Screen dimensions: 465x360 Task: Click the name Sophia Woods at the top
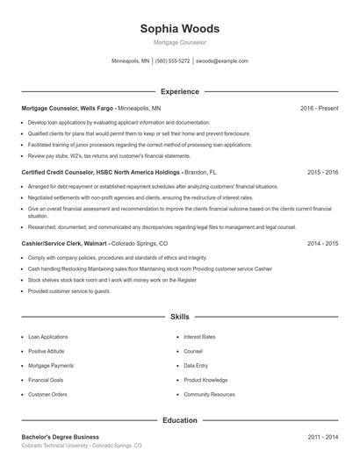[180, 29]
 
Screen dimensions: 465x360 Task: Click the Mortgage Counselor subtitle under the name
[180, 42]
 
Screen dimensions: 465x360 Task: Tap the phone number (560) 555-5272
[172, 61]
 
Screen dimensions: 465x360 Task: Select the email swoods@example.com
[222, 61]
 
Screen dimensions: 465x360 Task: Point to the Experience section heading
[180, 91]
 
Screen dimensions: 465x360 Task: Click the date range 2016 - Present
[319, 108]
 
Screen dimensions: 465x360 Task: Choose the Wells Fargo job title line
[91, 108]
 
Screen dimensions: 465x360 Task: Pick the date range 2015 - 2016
[322, 173]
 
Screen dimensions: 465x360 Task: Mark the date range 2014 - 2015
[322, 243]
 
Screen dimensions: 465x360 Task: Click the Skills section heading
[180, 316]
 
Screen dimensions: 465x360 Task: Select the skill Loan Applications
[47, 337]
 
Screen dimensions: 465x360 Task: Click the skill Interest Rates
[199, 337]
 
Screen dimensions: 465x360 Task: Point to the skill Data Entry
[196, 366]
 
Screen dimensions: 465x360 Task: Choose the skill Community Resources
[209, 395]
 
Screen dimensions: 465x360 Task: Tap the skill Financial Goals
[46, 380]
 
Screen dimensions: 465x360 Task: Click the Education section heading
[180, 420]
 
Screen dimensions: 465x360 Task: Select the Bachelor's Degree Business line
[61, 437]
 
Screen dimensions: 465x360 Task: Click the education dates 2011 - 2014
[322, 437]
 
